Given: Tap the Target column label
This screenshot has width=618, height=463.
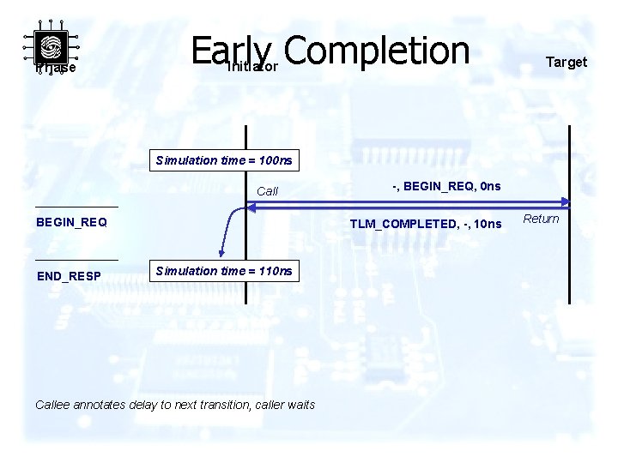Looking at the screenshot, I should pos(566,62).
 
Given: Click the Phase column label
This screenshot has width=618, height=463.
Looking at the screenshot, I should pos(56,68).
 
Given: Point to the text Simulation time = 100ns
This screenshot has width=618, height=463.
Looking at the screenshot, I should pos(223,160).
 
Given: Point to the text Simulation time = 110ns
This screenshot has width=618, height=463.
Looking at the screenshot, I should pos(223,271).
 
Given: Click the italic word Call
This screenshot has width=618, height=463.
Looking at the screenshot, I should pos(268,191).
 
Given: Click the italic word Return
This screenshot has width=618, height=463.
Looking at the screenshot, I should pos(541,219).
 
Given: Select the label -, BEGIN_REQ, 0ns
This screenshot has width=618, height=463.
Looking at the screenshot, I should pos(446,186).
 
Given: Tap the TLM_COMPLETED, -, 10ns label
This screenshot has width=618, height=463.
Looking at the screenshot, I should pos(425,224).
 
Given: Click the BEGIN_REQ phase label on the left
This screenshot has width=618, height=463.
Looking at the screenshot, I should pos(71,222).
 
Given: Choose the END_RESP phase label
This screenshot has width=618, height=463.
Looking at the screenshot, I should pos(69,276).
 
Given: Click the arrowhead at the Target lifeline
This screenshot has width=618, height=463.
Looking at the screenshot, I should pos(564,202).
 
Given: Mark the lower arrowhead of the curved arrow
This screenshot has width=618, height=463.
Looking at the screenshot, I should pos(221,252).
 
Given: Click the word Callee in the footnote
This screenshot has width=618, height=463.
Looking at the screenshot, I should pos(53,405).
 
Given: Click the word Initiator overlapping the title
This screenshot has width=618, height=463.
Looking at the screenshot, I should pos(251,66).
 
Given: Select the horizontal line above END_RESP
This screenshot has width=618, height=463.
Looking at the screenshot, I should pos(76,260).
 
